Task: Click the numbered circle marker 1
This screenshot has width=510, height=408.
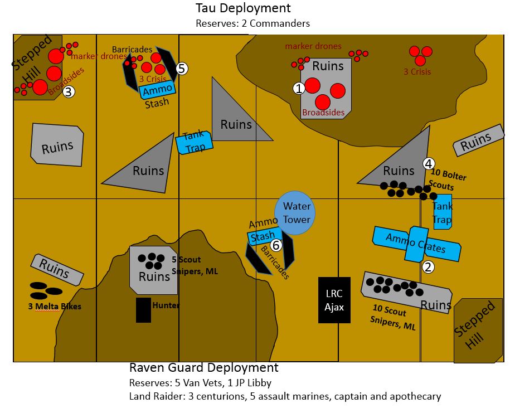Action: pyautogui.click(x=299, y=88)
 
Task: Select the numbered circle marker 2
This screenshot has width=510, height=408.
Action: pyautogui.click(x=428, y=267)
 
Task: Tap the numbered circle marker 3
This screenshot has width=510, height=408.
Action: pyautogui.click(x=69, y=92)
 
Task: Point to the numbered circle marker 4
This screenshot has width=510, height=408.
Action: pyautogui.click(x=428, y=163)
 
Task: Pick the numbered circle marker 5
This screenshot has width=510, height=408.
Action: pyautogui.click(x=182, y=69)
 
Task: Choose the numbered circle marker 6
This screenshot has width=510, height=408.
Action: pyautogui.click(x=275, y=245)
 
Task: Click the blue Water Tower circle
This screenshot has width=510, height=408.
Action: pyautogui.click(x=295, y=212)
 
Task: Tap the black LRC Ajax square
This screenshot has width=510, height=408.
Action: pyautogui.click(x=334, y=300)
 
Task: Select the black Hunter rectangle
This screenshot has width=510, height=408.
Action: pyautogui.click(x=143, y=310)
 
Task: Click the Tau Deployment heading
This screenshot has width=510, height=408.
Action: pyautogui.click(x=242, y=8)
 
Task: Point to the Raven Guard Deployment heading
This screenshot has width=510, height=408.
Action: pyautogui.click(x=203, y=368)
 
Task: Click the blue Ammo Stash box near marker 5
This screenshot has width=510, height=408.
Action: pyautogui.click(x=158, y=90)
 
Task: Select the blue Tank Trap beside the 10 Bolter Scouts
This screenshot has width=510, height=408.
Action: pyautogui.click(x=443, y=212)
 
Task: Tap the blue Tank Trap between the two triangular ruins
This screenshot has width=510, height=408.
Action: pyautogui.click(x=195, y=142)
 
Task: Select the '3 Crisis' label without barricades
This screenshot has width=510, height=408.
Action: pyautogui.click(x=417, y=72)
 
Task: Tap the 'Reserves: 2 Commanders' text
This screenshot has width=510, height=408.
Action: pyautogui.click(x=252, y=23)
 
